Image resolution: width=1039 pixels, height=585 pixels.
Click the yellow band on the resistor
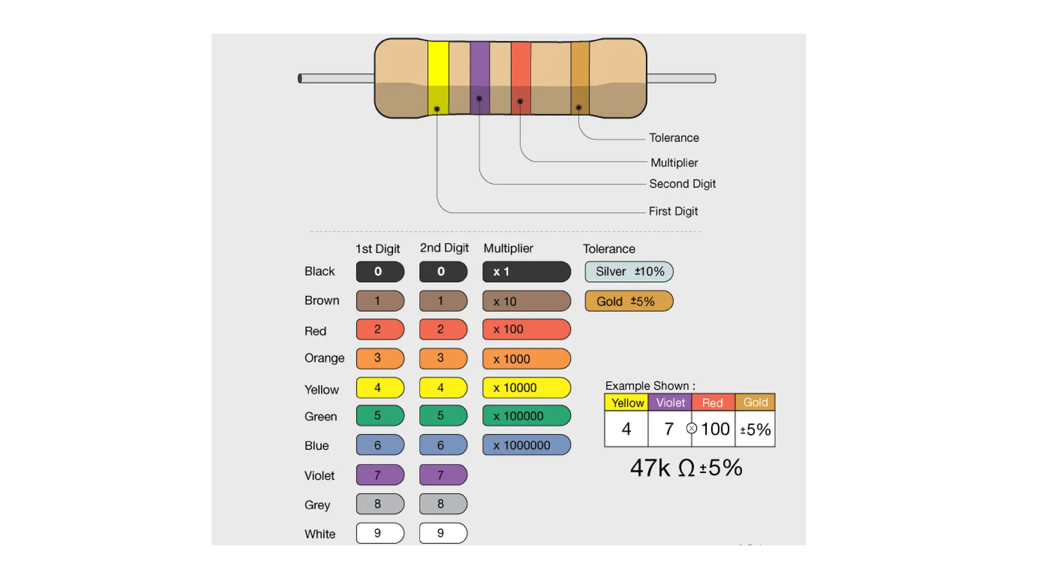point(438,76)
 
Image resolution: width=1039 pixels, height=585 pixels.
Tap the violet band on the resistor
point(479,76)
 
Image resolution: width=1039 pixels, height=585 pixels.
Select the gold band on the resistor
point(580,76)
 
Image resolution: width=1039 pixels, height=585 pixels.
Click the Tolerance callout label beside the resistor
point(674,138)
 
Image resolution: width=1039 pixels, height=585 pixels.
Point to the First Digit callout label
point(673,211)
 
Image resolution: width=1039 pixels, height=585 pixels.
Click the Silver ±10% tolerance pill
point(629,272)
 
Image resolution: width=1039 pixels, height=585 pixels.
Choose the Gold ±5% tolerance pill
point(629,301)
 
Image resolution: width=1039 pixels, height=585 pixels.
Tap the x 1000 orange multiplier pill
point(526,359)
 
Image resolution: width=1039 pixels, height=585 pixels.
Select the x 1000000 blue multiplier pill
point(526,445)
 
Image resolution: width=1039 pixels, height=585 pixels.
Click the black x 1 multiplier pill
point(526,272)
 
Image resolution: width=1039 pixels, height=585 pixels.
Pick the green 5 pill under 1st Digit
point(380,415)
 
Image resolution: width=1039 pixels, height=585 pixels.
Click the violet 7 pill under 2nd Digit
point(443,475)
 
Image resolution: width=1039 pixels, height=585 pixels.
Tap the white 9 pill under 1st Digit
point(380,533)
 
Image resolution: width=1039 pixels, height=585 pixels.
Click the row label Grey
point(317,505)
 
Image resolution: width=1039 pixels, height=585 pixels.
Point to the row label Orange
point(324,358)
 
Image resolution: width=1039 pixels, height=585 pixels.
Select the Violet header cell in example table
point(670,403)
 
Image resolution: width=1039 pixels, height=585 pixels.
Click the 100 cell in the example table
point(714,429)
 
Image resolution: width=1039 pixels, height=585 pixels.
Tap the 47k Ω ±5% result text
point(686,468)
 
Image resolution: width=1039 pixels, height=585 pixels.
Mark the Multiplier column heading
point(508,248)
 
